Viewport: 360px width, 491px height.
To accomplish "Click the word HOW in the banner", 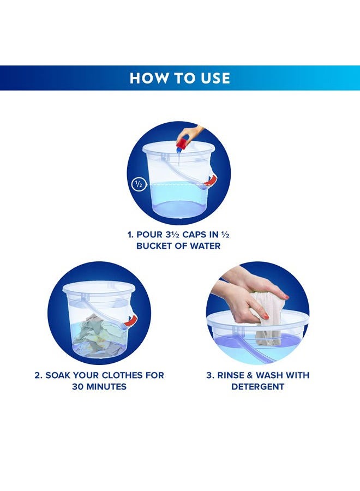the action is [x=146, y=78].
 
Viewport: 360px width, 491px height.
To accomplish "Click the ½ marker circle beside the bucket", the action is [x=137, y=184].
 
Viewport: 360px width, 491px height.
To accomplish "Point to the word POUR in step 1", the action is [x=149, y=235].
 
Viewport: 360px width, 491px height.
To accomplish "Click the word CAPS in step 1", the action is [x=195, y=235].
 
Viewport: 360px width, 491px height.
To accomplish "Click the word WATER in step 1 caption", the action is [x=205, y=246].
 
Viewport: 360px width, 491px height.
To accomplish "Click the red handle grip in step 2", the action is [x=131, y=320].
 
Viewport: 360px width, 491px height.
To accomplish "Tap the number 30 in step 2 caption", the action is [x=77, y=386].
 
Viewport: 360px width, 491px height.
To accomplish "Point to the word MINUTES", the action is [x=106, y=386].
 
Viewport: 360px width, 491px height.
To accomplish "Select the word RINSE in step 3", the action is [x=231, y=375].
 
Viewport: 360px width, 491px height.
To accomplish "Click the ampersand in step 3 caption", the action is [x=250, y=375].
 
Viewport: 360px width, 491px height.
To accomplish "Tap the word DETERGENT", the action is [x=257, y=386].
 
